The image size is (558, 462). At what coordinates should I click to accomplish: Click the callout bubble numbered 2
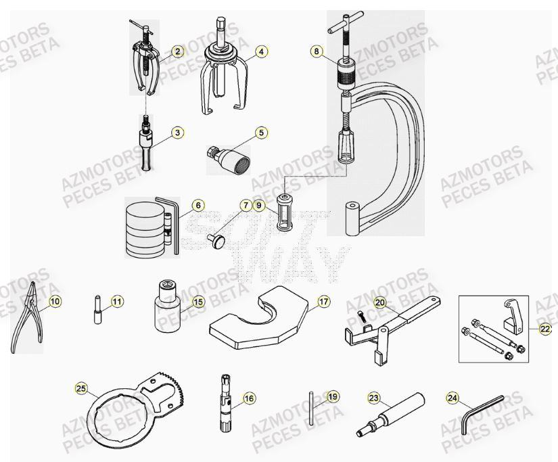coord(177,51)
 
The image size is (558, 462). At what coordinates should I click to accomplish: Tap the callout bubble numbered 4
coord(261,51)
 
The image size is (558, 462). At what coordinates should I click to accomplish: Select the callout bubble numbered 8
coord(316,51)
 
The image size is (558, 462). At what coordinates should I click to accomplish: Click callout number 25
coord(81,388)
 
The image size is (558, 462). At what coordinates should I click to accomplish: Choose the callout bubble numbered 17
coord(324,302)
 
